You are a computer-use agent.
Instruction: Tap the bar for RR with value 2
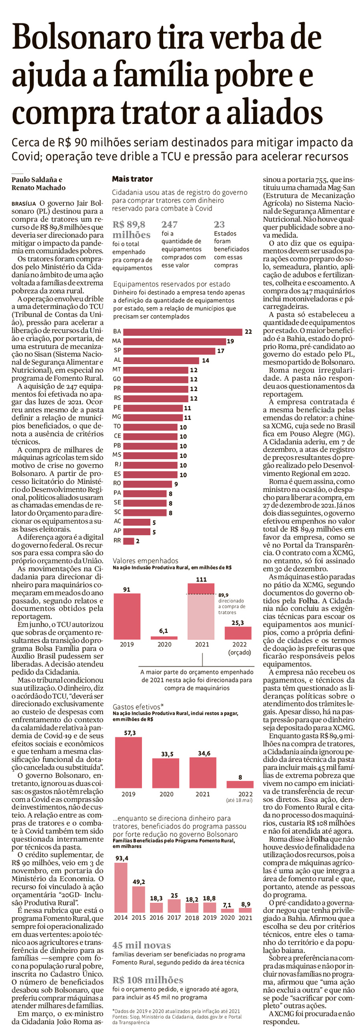tap(128, 541)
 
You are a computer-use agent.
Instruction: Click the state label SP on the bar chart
tap(117, 350)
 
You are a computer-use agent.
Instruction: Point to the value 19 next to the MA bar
tap(230, 341)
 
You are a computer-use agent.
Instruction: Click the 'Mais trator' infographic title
tap(132, 179)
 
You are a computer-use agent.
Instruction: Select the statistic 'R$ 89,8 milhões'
tap(131, 229)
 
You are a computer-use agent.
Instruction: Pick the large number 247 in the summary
tap(169, 224)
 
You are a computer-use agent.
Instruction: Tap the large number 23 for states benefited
tap(219, 224)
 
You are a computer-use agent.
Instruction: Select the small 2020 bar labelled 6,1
tap(164, 638)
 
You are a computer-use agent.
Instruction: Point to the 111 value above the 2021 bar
tap(201, 579)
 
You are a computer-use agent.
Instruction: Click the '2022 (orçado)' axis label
tap(239, 648)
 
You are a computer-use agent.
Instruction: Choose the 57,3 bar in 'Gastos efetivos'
tap(128, 762)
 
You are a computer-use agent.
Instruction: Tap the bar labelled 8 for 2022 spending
tap(240, 784)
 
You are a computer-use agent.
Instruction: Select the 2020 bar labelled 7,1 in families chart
tap(227, 910)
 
